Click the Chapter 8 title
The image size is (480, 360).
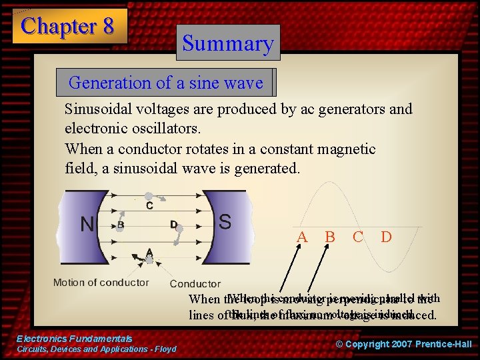(68, 26)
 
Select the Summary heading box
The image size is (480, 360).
(228, 43)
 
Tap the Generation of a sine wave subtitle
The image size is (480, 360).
(165, 83)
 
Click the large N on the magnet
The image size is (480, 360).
(87, 224)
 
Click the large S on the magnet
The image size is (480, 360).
(225, 221)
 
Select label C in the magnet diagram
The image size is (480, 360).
(149, 206)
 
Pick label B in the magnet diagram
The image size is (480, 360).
(121, 225)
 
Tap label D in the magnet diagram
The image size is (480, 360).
(173, 225)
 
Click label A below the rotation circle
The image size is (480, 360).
(150, 251)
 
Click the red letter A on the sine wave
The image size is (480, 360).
(302, 237)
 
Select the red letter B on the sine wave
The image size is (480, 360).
(329, 237)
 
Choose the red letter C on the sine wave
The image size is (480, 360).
(357, 237)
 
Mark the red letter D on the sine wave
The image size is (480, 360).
(385, 237)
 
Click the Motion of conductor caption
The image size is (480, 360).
(101, 282)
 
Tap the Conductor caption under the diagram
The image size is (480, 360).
(195, 283)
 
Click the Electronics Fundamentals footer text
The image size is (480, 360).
(75, 339)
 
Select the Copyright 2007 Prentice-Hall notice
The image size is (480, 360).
(403, 344)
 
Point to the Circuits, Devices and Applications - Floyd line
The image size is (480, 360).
(97, 349)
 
